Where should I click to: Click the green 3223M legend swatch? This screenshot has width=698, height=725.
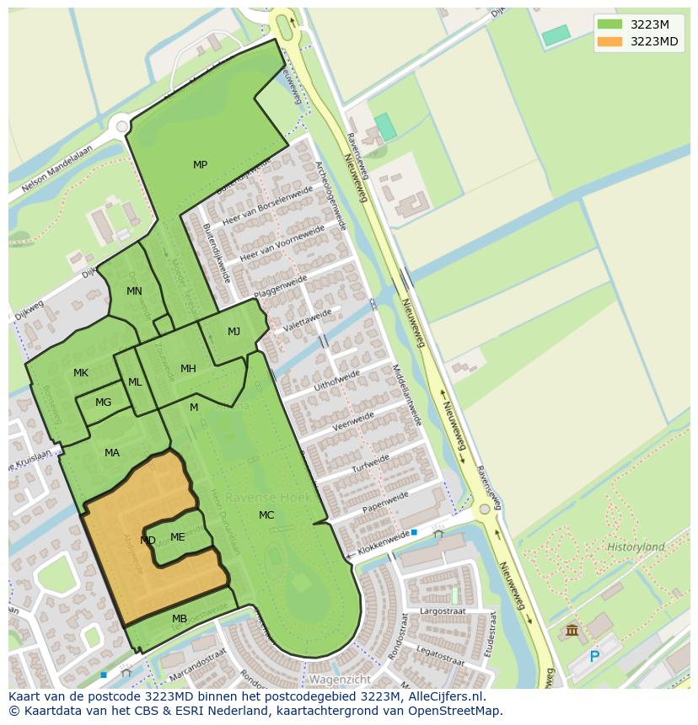[609, 24]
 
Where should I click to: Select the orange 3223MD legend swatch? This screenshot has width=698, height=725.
[609, 41]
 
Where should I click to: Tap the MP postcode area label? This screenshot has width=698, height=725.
[200, 165]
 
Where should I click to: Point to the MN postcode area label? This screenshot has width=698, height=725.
[134, 291]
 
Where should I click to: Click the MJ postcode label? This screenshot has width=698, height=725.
[234, 332]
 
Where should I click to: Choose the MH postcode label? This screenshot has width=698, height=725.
[188, 369]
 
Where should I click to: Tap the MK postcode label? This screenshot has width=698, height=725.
[81, 373]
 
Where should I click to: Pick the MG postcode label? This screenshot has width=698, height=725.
[103, 402]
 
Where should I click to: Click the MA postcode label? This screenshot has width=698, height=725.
[112, 453]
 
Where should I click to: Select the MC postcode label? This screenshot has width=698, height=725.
[266, 515]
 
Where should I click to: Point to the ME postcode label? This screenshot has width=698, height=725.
[177, 537]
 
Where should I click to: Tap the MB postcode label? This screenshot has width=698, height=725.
[180, 620]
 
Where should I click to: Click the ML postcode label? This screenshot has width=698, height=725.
[135, 382]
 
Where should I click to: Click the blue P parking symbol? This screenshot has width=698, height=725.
[594, 657]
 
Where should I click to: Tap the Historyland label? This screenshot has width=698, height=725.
[636, 547]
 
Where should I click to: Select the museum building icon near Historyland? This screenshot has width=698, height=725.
[572, 631]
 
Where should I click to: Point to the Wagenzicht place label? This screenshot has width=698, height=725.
[340, 679]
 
